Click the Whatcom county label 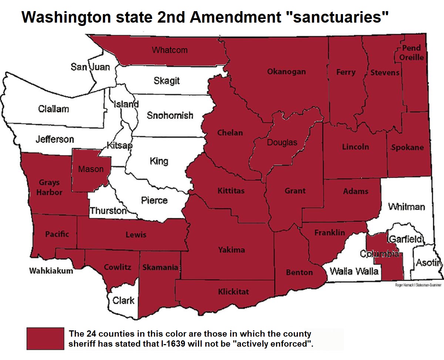(169, 50)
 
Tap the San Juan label (90, 67)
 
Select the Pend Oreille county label (411, 53)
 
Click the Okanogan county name (286, 72)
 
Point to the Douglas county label (282, 142)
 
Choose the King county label (159, 161)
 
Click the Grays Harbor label (49, 187)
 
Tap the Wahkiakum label (51, 271)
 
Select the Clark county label (123, 300)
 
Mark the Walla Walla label (354, 271)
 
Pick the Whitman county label (406, 207)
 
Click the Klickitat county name (233, 292)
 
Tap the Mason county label (91, 169)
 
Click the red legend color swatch (45, 338)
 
